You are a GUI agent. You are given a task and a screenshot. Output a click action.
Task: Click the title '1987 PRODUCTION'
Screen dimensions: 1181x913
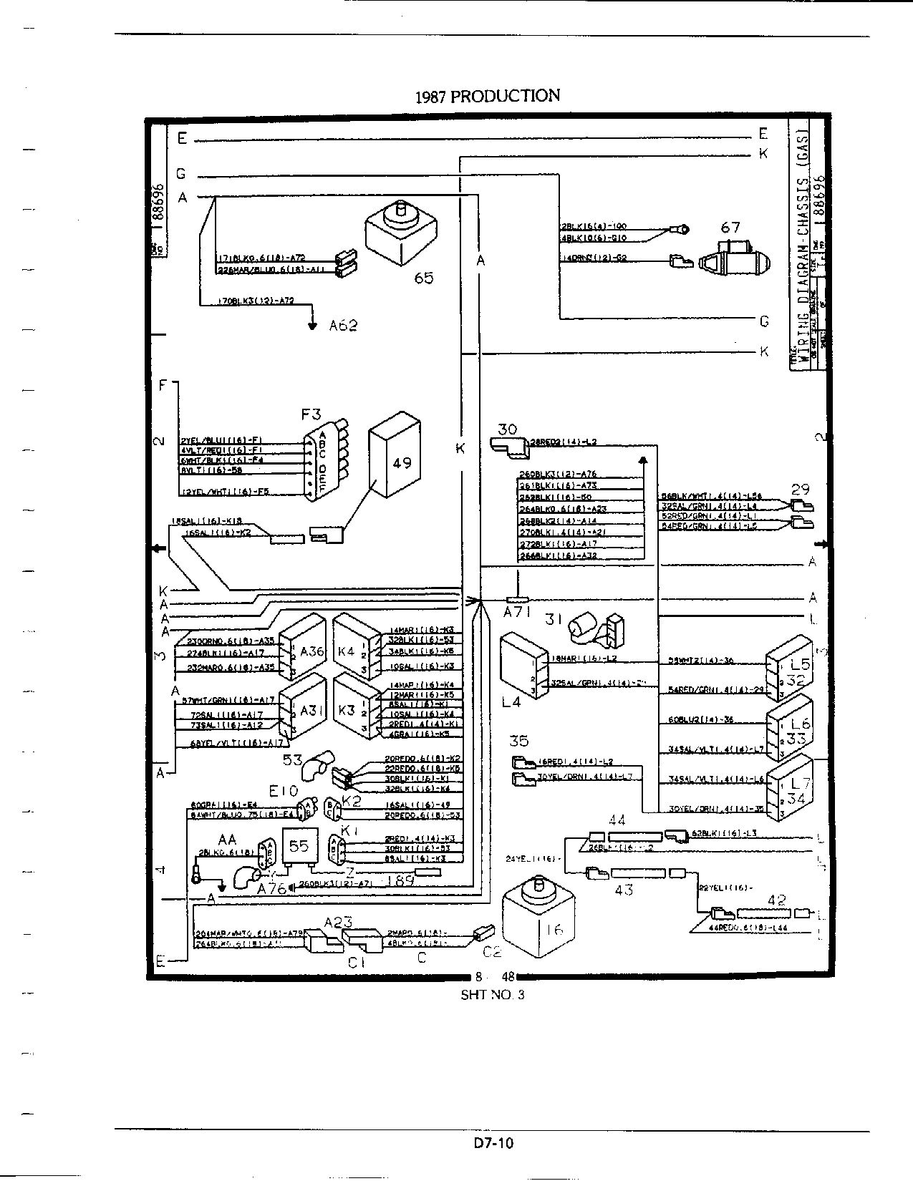[487, 96]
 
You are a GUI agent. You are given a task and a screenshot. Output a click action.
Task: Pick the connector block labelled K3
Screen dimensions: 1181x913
[356, 709]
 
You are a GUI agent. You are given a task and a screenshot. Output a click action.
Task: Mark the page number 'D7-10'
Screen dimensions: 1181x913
[493, 1143]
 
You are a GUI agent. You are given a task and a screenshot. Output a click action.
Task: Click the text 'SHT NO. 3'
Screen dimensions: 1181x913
[493, 995]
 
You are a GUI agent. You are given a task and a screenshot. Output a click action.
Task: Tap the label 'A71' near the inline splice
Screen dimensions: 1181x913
[516, 613]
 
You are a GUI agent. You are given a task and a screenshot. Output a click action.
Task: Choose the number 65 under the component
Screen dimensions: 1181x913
[424, 278]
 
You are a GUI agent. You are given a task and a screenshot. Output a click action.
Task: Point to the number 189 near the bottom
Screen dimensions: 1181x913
[400, 881]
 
